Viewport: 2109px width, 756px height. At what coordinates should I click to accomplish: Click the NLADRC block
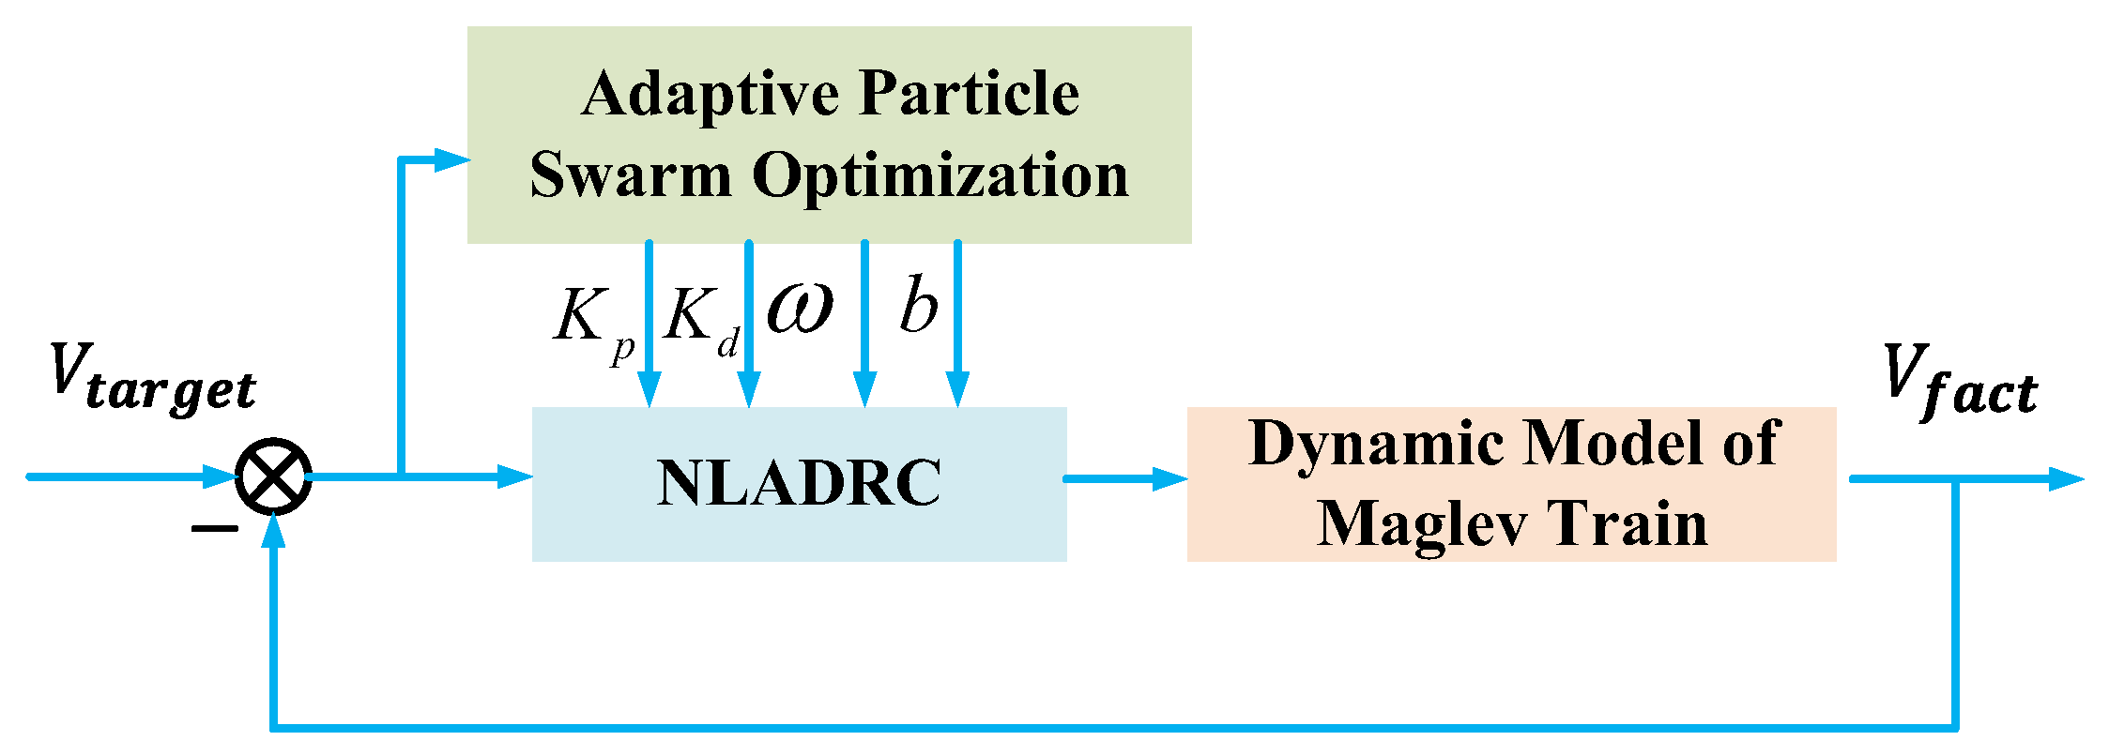pyautogui.click(x=799, y=484)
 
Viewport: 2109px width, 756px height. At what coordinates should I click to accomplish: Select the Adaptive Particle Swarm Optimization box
pyautogui.click(x=829, y=134)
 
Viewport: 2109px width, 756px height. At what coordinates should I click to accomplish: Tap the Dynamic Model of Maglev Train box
pyautogui.click(x=1511, y=484)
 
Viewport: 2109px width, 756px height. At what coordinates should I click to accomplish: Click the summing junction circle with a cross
pyautogui.click(x=273, y=476)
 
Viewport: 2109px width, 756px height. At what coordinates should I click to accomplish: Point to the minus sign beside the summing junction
pyautogui.click(x=214, y=529)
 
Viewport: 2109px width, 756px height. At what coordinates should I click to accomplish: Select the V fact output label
pyautogui.click(x=1960, y=379)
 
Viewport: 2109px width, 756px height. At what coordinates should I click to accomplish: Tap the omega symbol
pyautogui.click(x=800, y=308)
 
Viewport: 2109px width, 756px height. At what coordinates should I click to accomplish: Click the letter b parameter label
pyautogui.click(x=918, y=306)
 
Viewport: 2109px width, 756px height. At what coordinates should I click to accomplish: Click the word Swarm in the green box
pyautogui.click(x=630, y=175)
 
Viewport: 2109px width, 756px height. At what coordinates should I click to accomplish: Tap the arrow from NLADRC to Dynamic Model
pyautogui.click(x=1126, y=478)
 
